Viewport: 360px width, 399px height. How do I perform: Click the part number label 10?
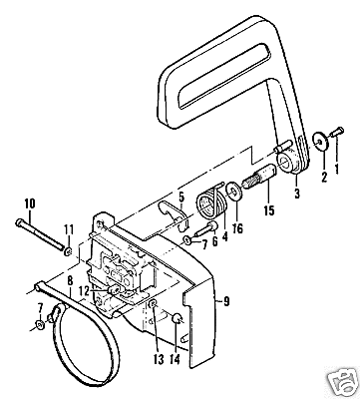[30, 203]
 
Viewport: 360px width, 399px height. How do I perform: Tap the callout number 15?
[269, 210]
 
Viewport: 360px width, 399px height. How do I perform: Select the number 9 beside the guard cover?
[226, 302]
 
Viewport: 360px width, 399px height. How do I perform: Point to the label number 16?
[237, 228]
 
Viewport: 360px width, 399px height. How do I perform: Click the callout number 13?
[160, 359]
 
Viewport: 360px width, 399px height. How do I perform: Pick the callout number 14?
[175, 359]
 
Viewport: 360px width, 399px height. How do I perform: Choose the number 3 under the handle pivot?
[297, 194]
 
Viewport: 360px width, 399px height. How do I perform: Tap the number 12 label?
[85, 291]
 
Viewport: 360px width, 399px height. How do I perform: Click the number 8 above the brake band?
[70, 281]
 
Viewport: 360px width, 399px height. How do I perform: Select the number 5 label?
[181, 198]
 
